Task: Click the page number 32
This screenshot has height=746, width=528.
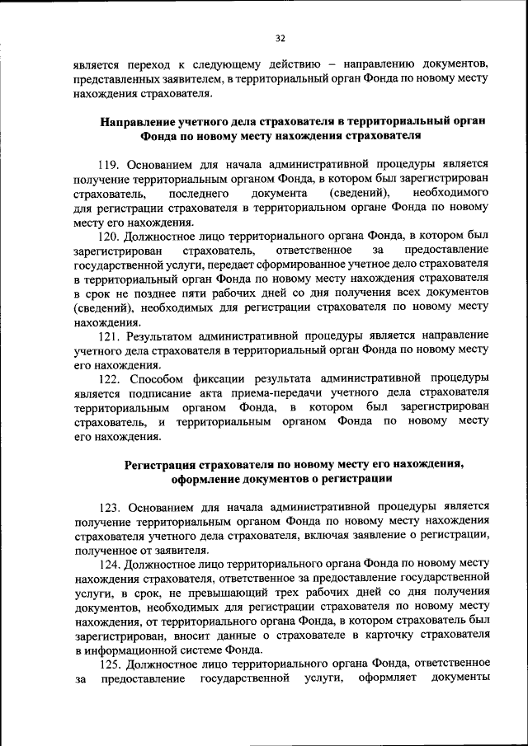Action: click(280, 37)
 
